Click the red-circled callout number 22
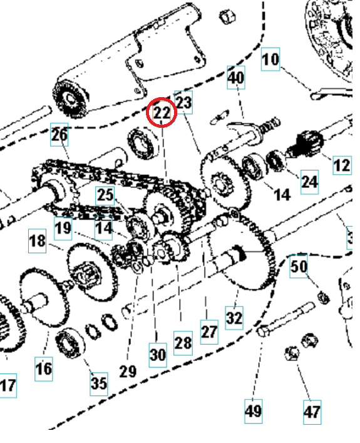point(162,113)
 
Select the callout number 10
point(270,61)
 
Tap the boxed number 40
point(237,79)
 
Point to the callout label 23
point(183,102)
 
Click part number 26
point(59,135)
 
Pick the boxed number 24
point(309,181)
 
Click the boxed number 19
point(63,227)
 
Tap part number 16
point(43,368)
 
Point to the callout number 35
point(99,382)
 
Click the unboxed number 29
point(128,371)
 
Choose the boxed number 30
point(158,355)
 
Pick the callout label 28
point(183,343)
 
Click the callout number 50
point(299,266)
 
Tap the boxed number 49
point(253,411)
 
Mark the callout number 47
point(312,412)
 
